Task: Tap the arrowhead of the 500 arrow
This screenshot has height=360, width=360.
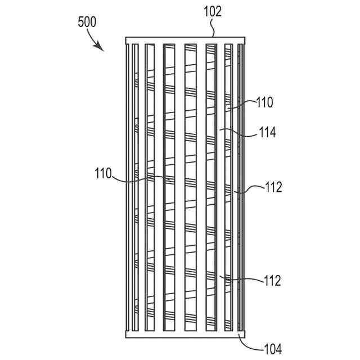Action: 102,49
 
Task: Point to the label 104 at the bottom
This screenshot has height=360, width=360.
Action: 272,349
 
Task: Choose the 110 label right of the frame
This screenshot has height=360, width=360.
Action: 264,103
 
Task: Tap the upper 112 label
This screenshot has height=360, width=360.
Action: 272,188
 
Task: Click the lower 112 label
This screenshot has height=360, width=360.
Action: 272,280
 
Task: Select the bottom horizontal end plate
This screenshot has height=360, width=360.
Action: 186,334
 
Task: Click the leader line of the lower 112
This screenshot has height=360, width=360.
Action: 242,278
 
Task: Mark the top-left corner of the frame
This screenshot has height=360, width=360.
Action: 126,38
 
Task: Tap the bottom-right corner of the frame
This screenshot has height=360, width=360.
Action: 246,337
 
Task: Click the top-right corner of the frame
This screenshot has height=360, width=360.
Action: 246,38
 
